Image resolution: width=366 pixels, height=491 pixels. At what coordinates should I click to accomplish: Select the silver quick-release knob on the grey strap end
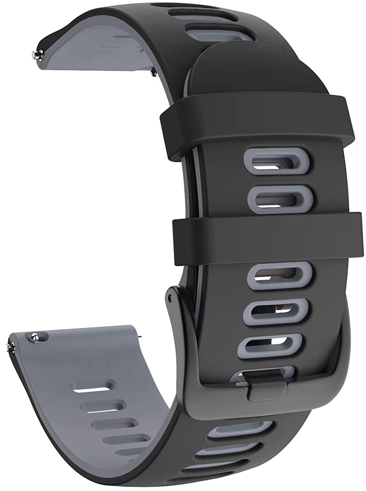(x=34, y=336)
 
